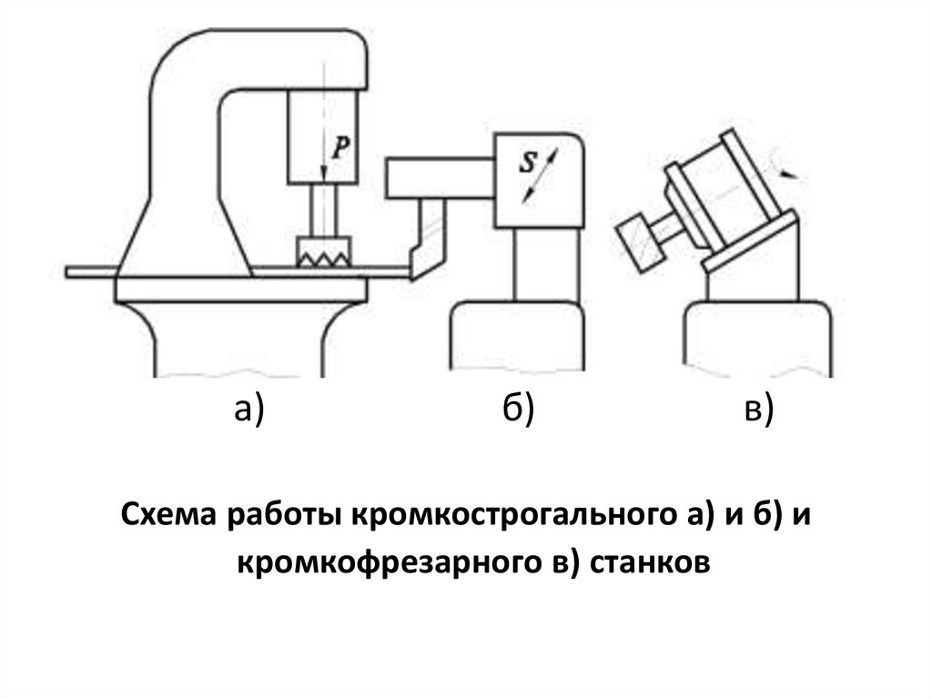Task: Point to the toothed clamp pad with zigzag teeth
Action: click(323, 253)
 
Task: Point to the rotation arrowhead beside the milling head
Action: click(795, 170)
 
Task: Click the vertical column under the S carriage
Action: click(543, 265)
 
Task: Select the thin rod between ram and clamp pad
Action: click(324, 210)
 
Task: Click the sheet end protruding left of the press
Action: click(91, 271)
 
